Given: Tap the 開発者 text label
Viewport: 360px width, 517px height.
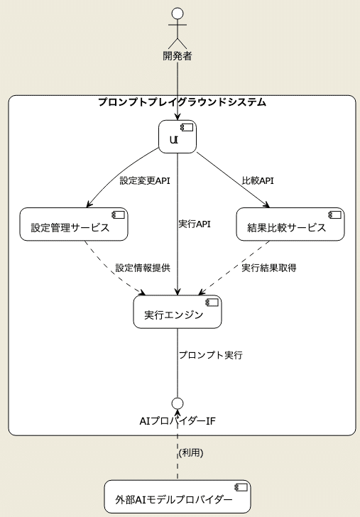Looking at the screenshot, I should click(x=178, y=55).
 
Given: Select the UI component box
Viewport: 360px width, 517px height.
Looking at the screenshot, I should click(x=178, y=136).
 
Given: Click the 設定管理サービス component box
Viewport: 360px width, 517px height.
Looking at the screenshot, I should click(x=74, y=225).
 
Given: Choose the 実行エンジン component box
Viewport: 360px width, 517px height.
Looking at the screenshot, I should click(x=178, y=311).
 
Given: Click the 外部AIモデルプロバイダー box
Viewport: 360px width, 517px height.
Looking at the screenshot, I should click(x=178, y=496).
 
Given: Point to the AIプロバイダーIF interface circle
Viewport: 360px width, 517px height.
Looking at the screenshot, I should click(x=178, y=403).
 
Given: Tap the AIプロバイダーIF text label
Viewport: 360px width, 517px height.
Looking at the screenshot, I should click(x=178, y=420).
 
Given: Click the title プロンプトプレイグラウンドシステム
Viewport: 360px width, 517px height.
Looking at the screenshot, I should click(x=182, y=102).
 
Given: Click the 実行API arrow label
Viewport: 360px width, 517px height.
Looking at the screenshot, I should click(x=195, y=224).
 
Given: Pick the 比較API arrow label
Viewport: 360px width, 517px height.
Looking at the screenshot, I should click(x=258, y=181).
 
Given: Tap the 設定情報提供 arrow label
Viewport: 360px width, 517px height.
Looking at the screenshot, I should click(x=143, y=268).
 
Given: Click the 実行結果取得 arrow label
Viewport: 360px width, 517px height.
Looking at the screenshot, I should click(x=268, y=268).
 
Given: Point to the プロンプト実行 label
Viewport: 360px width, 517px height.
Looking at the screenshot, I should click(x=211, y=355).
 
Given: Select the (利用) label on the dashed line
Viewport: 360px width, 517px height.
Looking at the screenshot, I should click(x=191, y=453).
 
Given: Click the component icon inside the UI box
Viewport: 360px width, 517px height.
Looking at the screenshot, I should click(x=189, y=128).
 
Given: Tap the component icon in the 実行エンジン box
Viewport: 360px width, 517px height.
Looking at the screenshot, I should click(x=212, y=303).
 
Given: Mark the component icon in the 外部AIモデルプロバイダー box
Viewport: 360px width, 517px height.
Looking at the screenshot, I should click(x=241, y=487).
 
